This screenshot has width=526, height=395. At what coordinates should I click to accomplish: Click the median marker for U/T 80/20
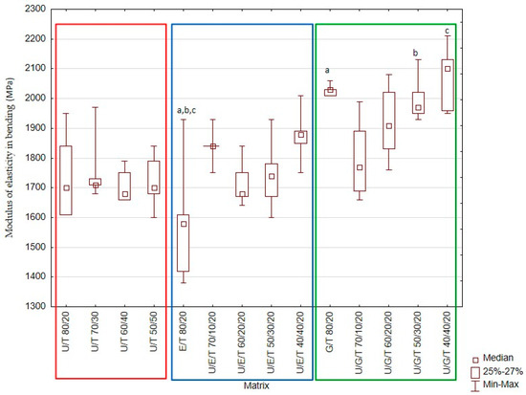tap(66, 187)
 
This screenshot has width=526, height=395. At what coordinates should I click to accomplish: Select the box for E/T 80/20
tap(183, 243)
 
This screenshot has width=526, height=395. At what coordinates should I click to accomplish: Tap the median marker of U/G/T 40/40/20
tap(448, 69)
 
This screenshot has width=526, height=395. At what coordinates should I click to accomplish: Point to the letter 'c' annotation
tap(447, 31)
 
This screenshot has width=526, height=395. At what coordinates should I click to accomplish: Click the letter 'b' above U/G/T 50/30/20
tap(415, 53)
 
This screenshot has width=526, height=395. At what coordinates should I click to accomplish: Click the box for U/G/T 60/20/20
tap(388, 121)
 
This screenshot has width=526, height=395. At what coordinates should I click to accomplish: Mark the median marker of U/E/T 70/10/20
tap(213, 146)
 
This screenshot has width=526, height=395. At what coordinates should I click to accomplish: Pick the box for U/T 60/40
tap(124, 186)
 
